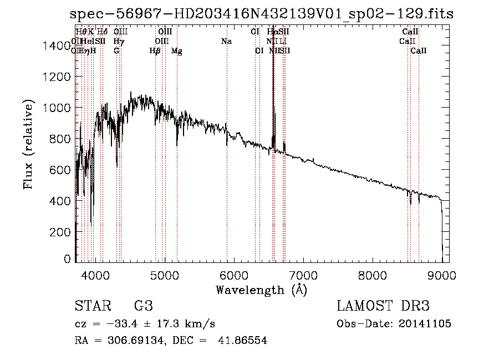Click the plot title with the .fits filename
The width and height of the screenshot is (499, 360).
point(262,14)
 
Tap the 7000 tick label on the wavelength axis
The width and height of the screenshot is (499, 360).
point(303,275)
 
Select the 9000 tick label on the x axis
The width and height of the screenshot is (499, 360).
point(441,275)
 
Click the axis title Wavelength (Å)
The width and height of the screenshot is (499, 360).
point(261,290)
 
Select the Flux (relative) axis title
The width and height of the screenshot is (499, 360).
point(29,144)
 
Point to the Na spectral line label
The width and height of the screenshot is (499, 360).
point(226,41)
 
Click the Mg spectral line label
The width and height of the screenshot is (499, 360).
point(177,51)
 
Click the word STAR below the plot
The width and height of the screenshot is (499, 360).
point(91,306)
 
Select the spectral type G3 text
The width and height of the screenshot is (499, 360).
point(143,306)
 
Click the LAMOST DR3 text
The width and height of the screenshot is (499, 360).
point(383,306)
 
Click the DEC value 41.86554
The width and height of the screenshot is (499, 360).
point(243,341)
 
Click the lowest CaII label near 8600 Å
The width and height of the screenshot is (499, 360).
point(419,51)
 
